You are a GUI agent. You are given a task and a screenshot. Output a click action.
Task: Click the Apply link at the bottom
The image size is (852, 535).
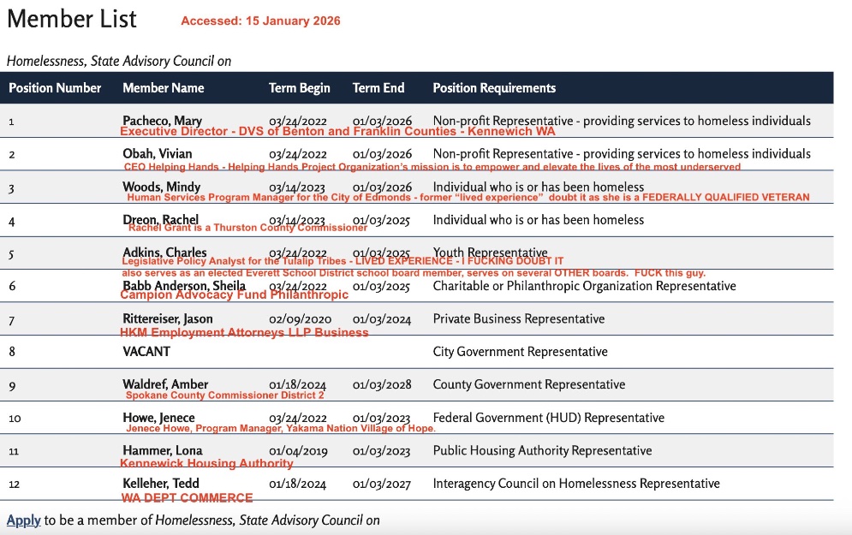pyautogui.click(x=23, y=520)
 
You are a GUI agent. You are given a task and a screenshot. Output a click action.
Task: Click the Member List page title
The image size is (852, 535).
pyautogui.click(x=72, y=19)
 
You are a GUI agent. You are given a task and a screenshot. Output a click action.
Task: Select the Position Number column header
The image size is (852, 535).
pyautogui.click(x=55, y=88)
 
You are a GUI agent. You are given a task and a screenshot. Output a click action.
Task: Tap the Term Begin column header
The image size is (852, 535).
pyautogui.click(x=299, y=88)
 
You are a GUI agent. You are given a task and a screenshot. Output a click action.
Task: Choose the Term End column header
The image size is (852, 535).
pyautogui.click(x=378, y=88)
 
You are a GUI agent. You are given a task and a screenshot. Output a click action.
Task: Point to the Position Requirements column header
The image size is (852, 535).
pyautogui.click(x=494, y=88)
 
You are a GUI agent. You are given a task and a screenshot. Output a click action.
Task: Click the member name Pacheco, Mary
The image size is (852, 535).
pyautogui.click(x=162, y=121)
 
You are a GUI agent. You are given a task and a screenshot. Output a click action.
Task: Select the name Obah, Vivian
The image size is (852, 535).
pyautogui.click(x=157, y=154)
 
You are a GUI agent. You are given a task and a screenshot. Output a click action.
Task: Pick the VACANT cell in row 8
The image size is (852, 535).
pyautogui.click(x=146, y=352)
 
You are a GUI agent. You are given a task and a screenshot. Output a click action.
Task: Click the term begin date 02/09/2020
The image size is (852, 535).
pyautogui.click(x=297, y=319)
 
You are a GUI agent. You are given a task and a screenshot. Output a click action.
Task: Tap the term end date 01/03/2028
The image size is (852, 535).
pyautogui.click(x=382, y=385)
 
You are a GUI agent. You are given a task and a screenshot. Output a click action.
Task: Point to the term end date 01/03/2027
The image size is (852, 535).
pyautogui.click(x=382, y=484)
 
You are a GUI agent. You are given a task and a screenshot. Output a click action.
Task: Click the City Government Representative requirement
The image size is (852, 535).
pyautogui.click(x=520, y=352)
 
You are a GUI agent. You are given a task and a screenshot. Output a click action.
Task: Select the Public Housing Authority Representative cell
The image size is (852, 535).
pyautogui.click(x=542, y=451)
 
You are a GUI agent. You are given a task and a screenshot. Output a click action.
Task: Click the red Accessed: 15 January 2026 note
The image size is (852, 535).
pyautogui.click(x=260, y=21)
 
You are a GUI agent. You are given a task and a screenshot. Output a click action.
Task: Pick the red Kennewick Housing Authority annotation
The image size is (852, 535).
pyautogui.click(x=206, y=464)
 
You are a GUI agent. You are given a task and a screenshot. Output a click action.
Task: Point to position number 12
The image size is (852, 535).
pyautogui.click(x=13, y=484)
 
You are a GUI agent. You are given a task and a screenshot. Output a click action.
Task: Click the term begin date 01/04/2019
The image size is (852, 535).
pyautogui.click(x=297, y=451)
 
